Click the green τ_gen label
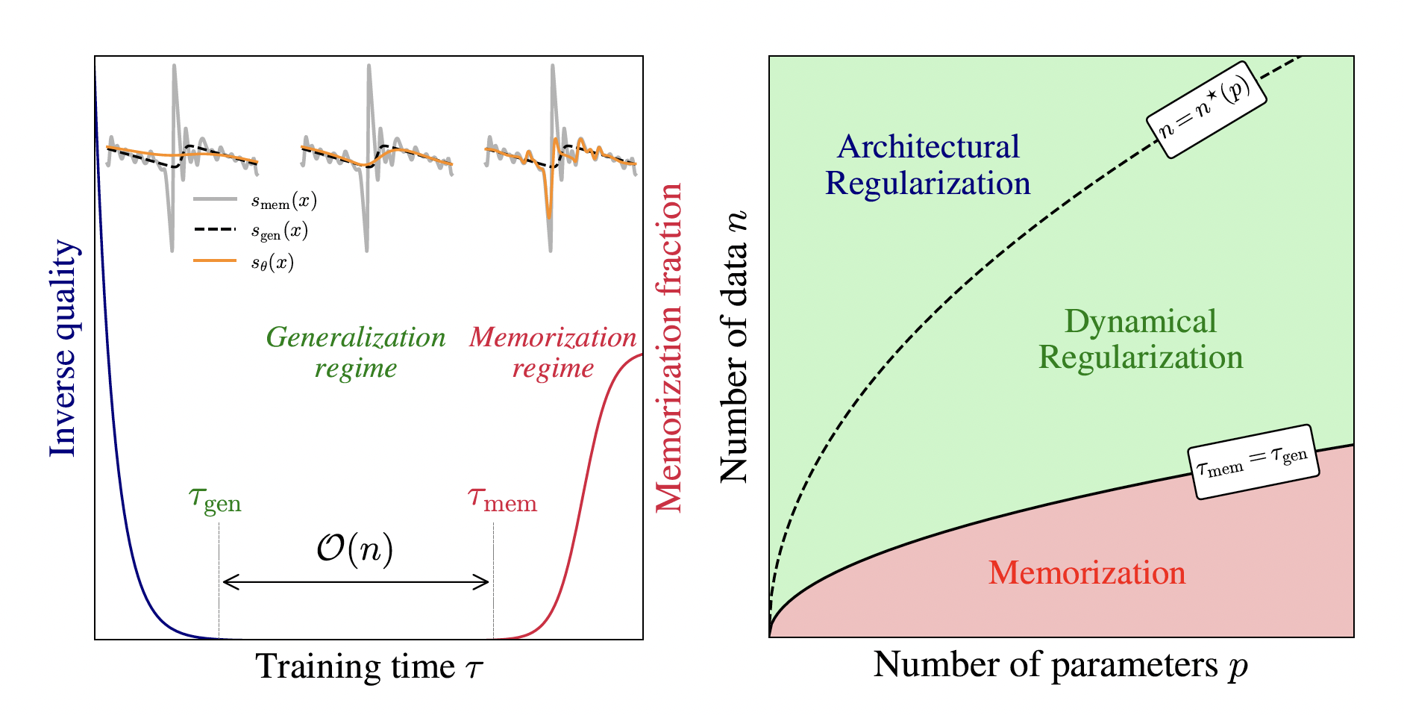[x=215, y=500]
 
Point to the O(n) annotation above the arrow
[x=354, y=550]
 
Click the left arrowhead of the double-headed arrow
[x=226, y=582]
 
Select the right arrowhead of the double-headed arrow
[x=486, y=582]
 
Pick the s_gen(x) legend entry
[x=279, y=231]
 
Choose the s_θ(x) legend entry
[x=272, y=262]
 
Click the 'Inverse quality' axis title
[x=63, y=348]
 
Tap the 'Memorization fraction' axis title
[x=668, y=348]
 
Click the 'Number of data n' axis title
[x=734, y=346]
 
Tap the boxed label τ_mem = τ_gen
[x=1253, y=461]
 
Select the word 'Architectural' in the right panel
[x=928, y=146]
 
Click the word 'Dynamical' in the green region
[x=1140, y=322]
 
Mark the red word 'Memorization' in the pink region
[x=1087, y=572]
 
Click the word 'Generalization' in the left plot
[x=356, y=337]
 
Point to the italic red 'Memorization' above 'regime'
[x=553, y=337]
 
